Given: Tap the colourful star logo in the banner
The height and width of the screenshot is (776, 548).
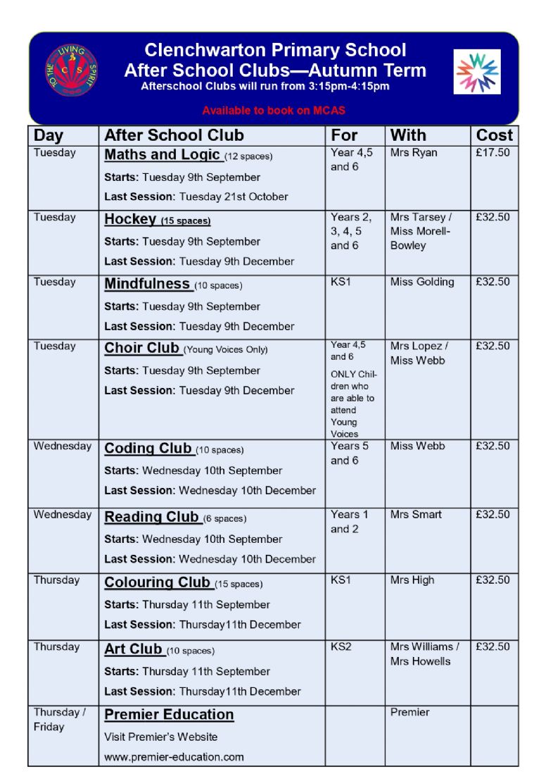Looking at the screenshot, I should [478, 71].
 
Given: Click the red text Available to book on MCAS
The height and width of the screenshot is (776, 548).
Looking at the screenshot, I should [274, 111].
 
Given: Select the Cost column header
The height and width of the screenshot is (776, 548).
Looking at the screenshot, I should [494, 135].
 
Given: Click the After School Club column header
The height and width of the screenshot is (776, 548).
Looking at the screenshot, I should [174, 135].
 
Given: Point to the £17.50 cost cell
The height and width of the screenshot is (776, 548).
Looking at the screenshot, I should [492, 153].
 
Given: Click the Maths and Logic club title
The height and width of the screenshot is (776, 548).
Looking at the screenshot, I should [163, 155].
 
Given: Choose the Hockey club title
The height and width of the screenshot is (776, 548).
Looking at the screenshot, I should [130, 219].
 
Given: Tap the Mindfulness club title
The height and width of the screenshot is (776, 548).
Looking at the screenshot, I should [148, 284].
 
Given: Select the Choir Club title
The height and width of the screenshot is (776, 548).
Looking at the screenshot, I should [142, 348].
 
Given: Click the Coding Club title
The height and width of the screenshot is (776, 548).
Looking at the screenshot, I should [148, 449].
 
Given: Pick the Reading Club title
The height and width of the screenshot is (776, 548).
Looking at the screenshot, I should [151, 517].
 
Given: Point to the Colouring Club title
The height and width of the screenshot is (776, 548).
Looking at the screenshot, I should [157, 582].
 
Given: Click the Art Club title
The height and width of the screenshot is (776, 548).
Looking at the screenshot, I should [134, 649].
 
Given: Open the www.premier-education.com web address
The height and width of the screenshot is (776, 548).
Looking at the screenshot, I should [174, 757].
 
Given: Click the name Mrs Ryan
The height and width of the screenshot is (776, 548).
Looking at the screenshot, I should [414, 153].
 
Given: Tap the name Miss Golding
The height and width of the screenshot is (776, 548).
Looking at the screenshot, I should [422, 282].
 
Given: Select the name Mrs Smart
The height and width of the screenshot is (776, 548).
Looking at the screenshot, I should [416, 514].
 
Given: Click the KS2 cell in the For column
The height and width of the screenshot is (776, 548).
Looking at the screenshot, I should [340, 646].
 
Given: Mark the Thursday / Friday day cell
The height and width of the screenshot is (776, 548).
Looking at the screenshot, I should [59, 719].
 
